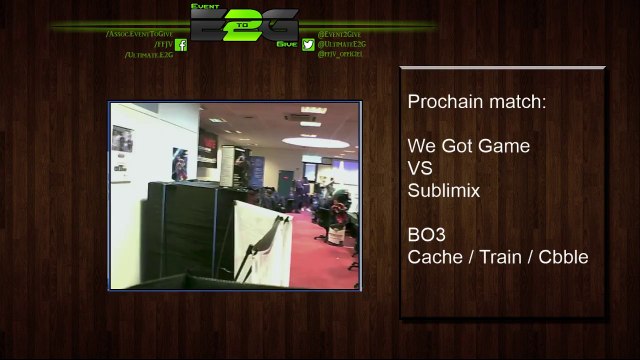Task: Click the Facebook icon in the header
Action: click(x=181, y=45)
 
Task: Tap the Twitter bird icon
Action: click(x=308, y=45)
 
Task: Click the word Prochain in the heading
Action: click(x=441, y=102)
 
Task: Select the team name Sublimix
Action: click(x=444, y=190)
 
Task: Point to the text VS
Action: click(x=420, y=168)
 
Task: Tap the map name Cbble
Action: click(x=563, y=257)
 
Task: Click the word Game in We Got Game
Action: click(x=503, y=146)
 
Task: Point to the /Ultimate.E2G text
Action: click(x=149, y=55)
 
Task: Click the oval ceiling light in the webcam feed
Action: click(x=300, y=117)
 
